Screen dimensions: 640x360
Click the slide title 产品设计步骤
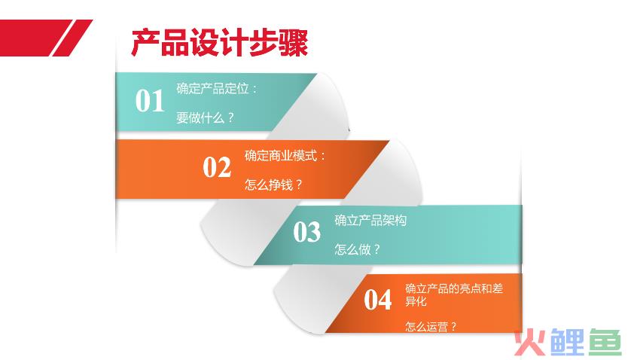click(220, 42)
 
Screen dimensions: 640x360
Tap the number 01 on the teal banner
click(150, 100)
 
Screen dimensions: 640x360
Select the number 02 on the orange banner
click(217, 167)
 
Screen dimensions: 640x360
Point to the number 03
click(307, 232)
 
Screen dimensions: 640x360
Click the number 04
click(377, 300)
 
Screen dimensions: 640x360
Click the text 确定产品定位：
click(217, 88)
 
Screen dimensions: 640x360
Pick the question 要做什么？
click(206, 118)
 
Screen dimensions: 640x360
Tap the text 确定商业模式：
click(285, 155)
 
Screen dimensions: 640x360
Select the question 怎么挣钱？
click(273, 185)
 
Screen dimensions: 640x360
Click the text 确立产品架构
click(370, 221)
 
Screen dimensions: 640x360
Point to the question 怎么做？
click(357, 249)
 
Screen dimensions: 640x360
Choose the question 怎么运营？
click(431, 327)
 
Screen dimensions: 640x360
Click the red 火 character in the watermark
click(531, 342)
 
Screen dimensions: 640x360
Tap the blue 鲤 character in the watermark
click(568, 342)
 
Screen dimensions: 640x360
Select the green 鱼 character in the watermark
click(605, 342)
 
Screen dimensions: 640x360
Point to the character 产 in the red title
click(146, 42)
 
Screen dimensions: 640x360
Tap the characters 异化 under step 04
click(416, 301)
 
